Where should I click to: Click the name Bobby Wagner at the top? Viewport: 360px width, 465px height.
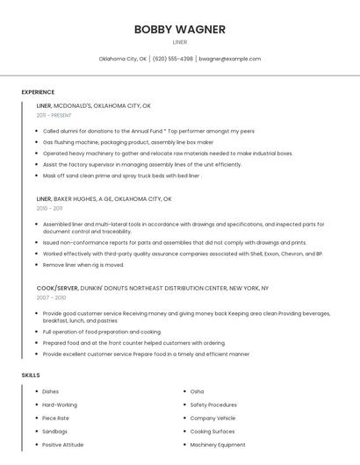point(179,29)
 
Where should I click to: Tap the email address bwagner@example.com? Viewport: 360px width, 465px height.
point(229,59)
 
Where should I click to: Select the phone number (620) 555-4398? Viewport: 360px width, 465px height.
point(172,59)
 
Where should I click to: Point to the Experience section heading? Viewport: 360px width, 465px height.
point(38,92)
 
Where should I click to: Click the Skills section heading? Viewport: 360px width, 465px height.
point(31,376)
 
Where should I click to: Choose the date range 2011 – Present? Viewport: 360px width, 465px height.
point(54,115)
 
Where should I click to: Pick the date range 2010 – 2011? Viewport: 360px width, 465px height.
point(49,209)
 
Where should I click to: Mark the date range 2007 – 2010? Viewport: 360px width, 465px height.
point(49,297)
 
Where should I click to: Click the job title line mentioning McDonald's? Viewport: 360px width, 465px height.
point(94,105)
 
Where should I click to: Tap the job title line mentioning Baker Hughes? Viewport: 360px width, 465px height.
point(104,199)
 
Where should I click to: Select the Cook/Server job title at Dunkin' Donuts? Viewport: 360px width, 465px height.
point(152,288)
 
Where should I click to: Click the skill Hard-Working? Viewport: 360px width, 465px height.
point(60,404)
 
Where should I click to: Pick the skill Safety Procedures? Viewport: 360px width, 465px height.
point(213,404)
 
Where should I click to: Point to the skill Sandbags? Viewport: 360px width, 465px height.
point(54,432)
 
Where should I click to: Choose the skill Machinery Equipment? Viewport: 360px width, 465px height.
point(218,445)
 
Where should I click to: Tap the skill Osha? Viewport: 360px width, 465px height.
point(197,391)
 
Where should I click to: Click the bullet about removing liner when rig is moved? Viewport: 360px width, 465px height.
point(83,265)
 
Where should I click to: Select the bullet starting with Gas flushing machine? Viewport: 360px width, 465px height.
point(128,141)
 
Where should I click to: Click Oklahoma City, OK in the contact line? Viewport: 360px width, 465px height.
point(122,59)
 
